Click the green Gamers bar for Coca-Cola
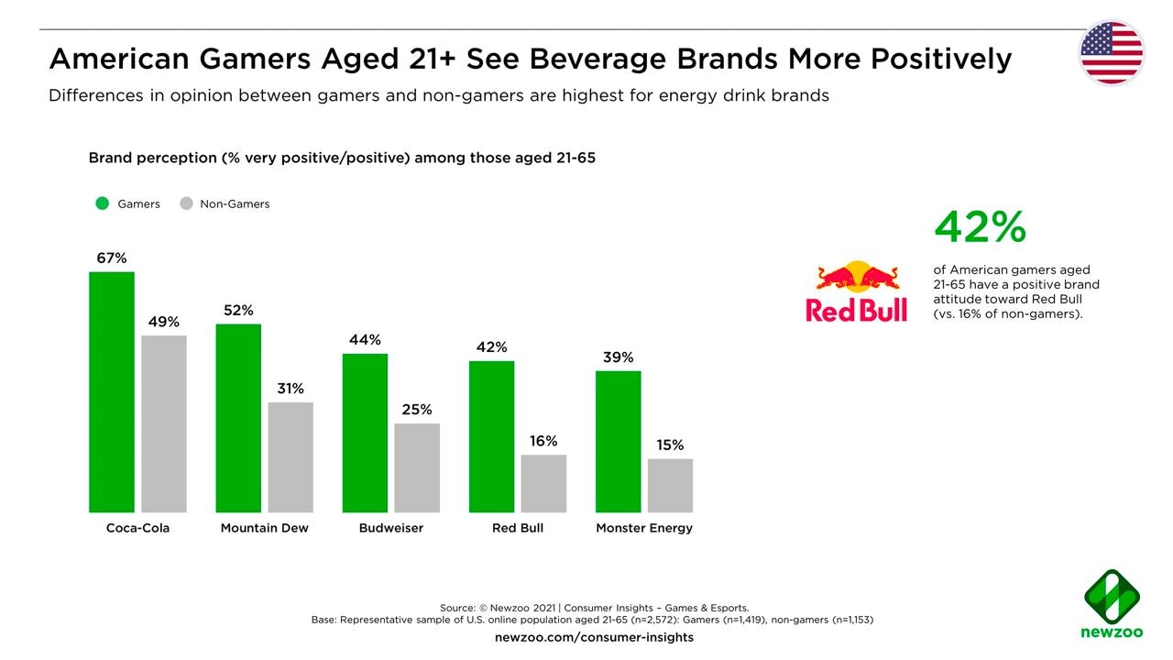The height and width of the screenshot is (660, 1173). (x=112, y=391)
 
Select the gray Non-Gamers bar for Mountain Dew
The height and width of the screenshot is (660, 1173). (x=291, y=456)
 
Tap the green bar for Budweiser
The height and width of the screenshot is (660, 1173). (x=365, y=433)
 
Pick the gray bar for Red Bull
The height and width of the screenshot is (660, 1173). (x=543, y=483)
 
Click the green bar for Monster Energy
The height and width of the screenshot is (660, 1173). (x=618, y=441)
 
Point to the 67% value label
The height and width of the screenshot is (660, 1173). (x=112, y=258)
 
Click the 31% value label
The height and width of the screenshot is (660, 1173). (x=291, y=389)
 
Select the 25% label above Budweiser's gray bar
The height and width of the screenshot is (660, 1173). (x=417, y=410)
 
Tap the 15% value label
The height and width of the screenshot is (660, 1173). (x=670, y=445)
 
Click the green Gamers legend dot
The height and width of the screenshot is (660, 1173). (x=103, y=203)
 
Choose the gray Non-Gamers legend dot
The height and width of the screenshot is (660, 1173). (x=186, y=203)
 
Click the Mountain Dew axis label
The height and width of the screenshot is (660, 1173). (x=265, y=528)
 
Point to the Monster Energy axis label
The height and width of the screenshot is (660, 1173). (x=644, y=528)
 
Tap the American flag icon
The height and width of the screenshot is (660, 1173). (x=1112, y=53)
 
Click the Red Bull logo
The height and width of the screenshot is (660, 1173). (x=857, y=291)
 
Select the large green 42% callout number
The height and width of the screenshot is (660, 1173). (x=980, y=227)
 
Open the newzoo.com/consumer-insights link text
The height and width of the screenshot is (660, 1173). (x=594, y=637)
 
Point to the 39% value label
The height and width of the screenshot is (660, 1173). (x=618, y=357)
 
